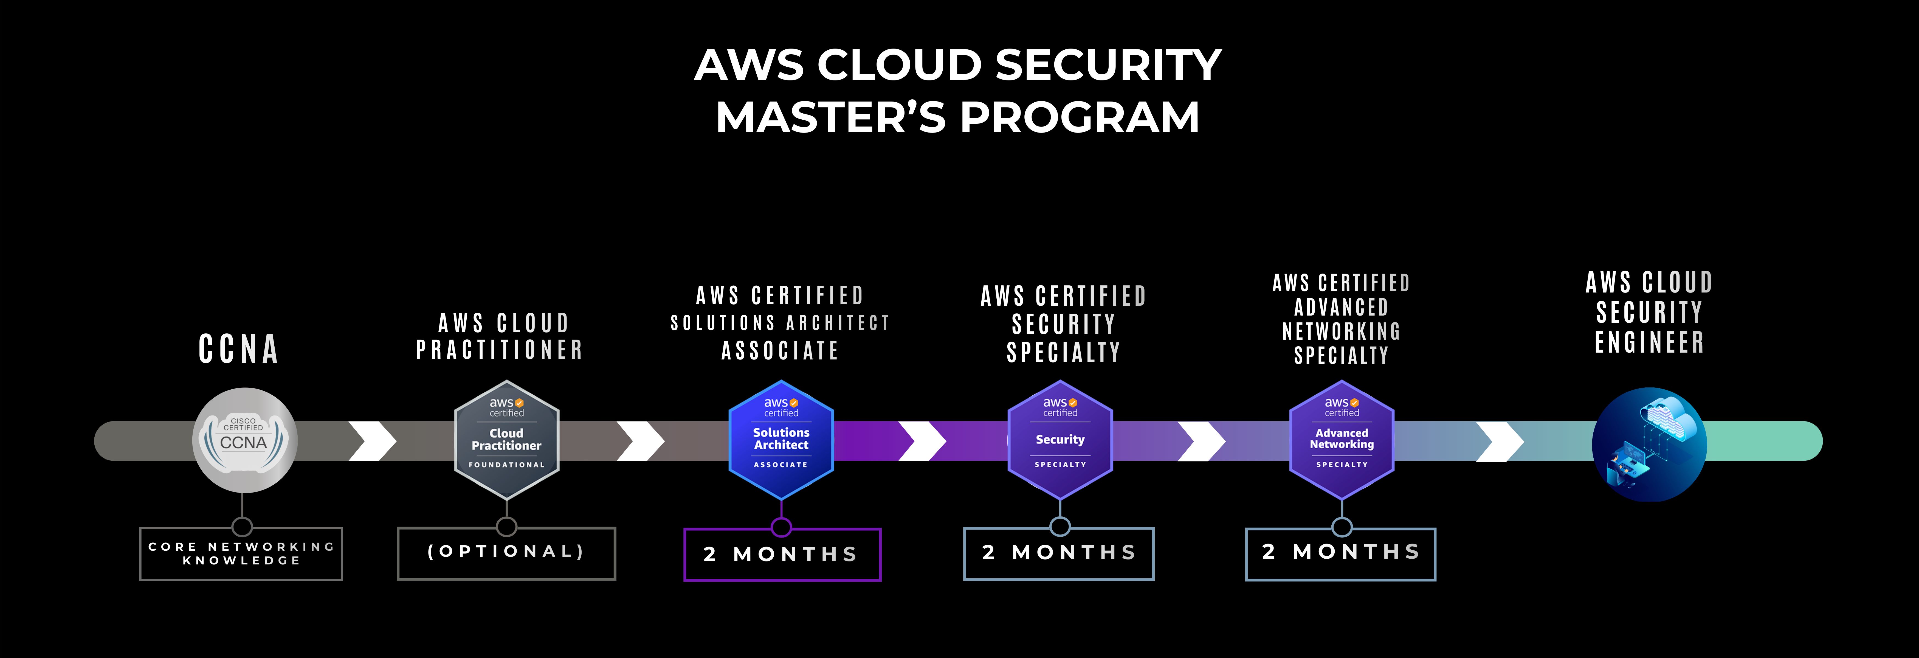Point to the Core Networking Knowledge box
click(241, 554)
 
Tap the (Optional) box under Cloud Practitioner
click(507, 553)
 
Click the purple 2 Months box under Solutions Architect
click(782, 555)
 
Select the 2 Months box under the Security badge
click(1059, 553)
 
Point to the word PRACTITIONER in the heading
click(499, 350)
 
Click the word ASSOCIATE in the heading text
click(780, 350)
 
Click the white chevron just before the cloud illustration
click(1500, 441)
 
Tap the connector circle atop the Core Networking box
click(242, 527)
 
